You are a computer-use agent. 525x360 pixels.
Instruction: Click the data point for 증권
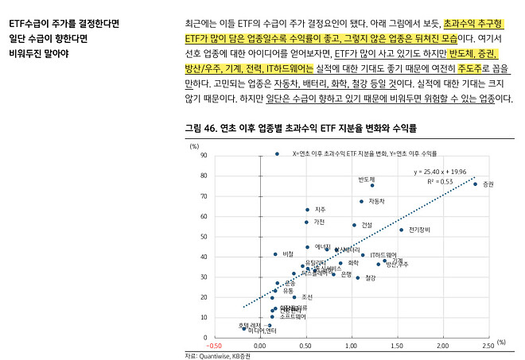476,184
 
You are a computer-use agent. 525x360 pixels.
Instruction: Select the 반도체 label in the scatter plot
366,179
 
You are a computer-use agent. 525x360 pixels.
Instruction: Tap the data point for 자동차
361,202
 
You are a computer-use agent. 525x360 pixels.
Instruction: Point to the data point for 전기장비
401,230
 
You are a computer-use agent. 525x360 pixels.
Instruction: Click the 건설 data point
354,225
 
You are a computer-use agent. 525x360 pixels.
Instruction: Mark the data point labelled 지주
307,210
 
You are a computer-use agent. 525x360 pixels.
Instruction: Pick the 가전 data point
306,223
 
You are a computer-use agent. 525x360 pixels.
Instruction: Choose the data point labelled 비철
275,254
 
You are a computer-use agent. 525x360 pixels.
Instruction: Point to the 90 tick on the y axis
204,156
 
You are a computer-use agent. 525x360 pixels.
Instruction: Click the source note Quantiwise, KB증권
217,356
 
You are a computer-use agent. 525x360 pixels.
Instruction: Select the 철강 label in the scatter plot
371,278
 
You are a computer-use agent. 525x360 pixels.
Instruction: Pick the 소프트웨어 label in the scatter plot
290,315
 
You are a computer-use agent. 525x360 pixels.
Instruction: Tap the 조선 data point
294,297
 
